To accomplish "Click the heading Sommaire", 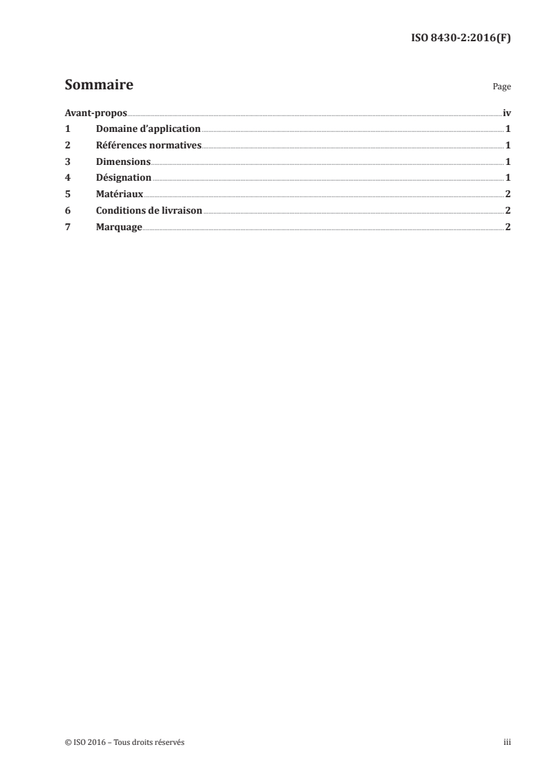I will coord(99,86).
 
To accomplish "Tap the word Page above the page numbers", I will coord(502,88).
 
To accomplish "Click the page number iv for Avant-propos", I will coord(507,113).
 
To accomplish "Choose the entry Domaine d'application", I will coord(148,129).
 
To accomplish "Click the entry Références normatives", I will coord(148,146).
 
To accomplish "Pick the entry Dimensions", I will coord(123,162).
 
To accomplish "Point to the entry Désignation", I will coord(124,179).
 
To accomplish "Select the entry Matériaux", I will coord(120,194).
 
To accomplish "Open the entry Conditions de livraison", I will coord(149,211).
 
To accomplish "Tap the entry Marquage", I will coord(119,227).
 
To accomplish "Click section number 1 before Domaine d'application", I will coord(67,129).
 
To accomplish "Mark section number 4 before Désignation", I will coord(67,179).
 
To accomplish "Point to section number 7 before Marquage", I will coord(67,227).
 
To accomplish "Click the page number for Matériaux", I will coord(508,194).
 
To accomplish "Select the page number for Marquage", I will coord(508,227).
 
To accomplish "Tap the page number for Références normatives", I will coord(508,146).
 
